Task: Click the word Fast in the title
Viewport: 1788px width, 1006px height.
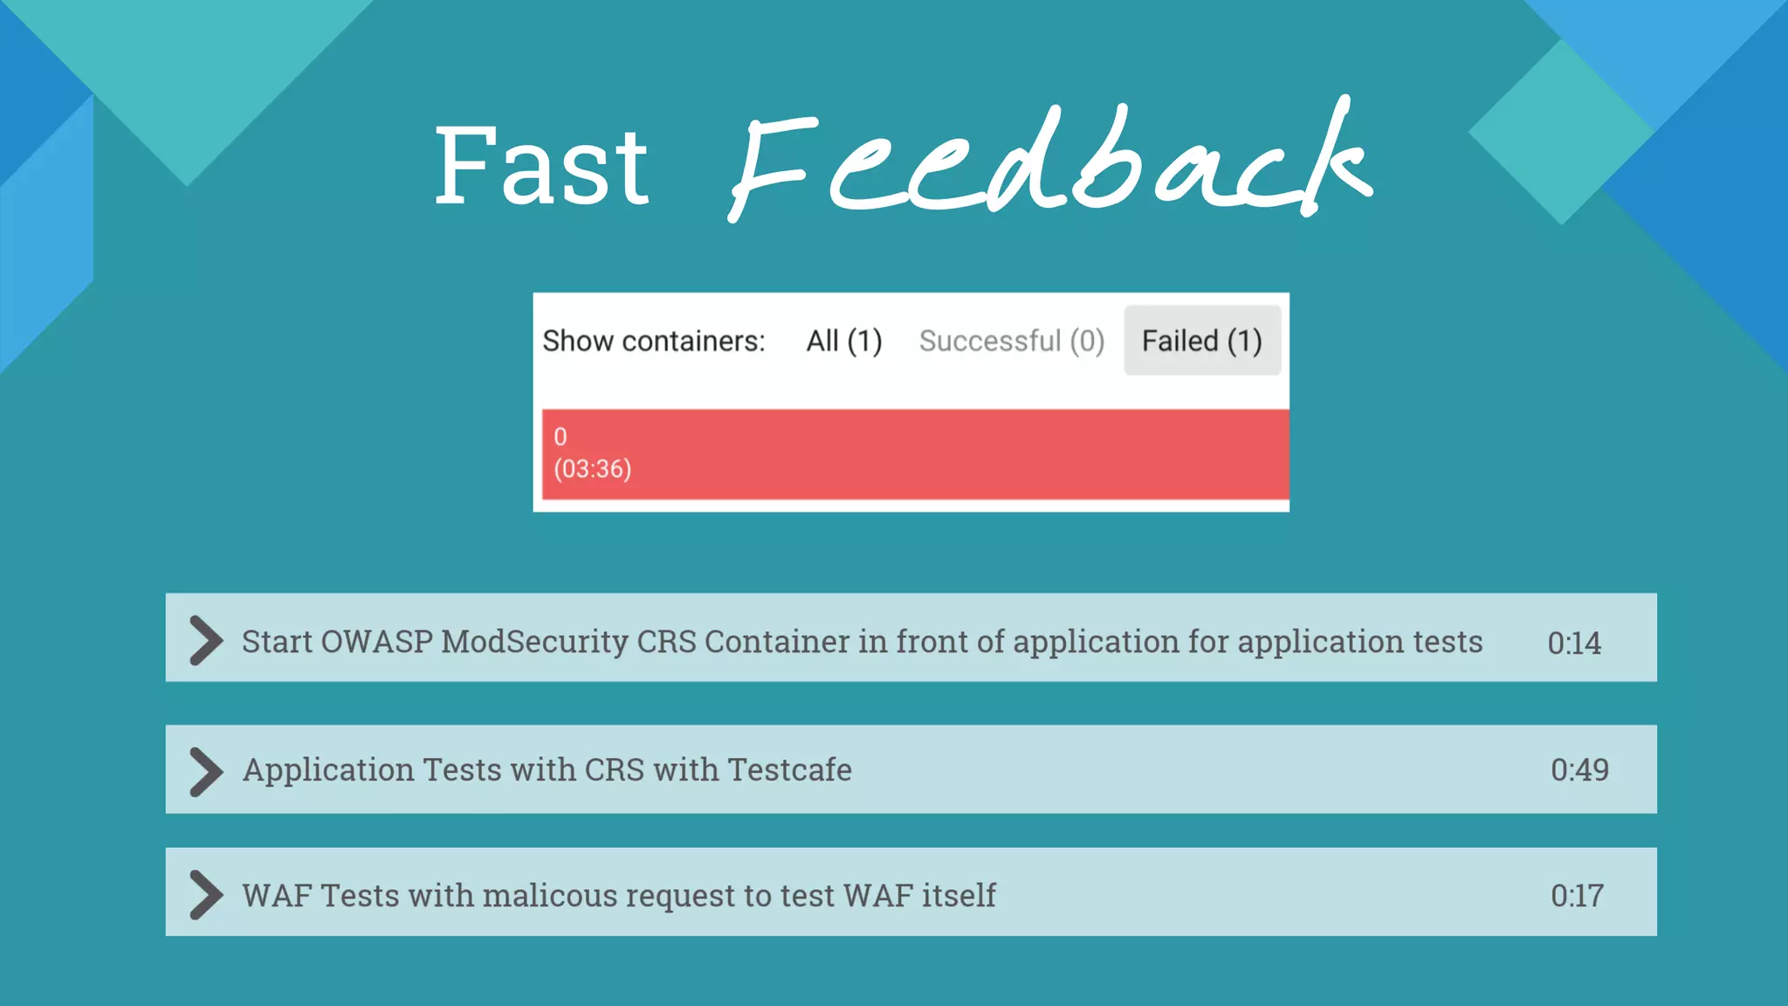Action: click(541, 166)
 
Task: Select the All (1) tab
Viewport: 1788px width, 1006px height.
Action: click(844, 341)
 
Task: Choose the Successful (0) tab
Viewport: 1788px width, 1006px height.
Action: click(1012, 341)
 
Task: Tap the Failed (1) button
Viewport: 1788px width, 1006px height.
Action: click(1202, 341)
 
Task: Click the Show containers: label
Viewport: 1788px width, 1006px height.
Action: click(654, 341)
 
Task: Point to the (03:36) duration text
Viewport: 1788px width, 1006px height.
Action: click(592, 469)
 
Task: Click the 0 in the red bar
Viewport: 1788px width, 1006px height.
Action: click(560, 437)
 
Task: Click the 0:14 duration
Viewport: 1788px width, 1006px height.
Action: click(1574, 644)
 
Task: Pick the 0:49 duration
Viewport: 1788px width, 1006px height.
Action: click(1579, 770)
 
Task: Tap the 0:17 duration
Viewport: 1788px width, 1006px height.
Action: click(1577, 896)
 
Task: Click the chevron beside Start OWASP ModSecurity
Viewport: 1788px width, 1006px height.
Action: click(206, 641)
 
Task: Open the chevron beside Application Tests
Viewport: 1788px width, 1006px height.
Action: click(206, 772)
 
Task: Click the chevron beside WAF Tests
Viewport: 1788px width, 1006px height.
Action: click(206, 895)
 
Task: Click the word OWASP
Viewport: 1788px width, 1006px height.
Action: click(376, 642)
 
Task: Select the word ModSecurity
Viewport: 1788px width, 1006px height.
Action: click(534, 642)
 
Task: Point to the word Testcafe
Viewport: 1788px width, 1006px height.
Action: click(789, 770)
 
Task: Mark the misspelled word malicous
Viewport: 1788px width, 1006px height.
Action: click(550, 896)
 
